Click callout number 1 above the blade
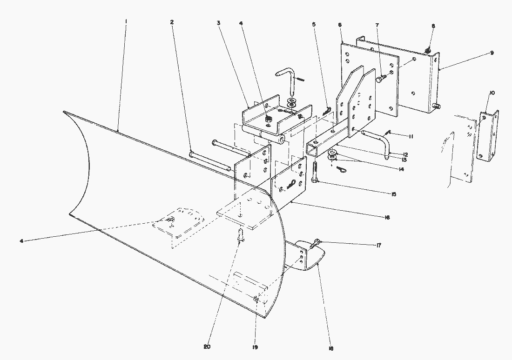(126, 22)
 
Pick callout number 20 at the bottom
(207, 347)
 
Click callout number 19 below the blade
(255, 347)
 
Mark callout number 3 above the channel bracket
(218, 22)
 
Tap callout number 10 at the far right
(492, 93)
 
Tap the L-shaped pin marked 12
(375, 140)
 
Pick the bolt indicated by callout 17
(317, 242)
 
